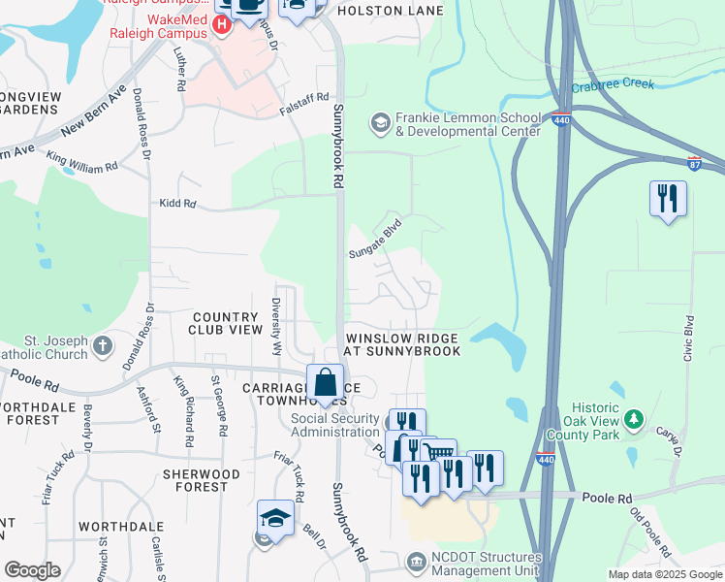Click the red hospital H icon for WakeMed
pyautogui.click(x=222, y=22)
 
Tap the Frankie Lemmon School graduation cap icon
pyautogui.click(x=380, y=122)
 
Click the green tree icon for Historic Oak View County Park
pyautogui.click(x=634, y=418)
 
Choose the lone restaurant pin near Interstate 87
pyautogui.click(x=668, y=199)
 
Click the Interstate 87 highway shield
pyautogui.click(x=693, y=163)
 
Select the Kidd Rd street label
pyautogui.click(x=177, y=204)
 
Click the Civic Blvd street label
pyautogui.click(x=689, y=339)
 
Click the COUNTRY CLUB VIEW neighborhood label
pyautogui.click(x=228, y=323)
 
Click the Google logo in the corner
pyautogui.click(x=31, y=569)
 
